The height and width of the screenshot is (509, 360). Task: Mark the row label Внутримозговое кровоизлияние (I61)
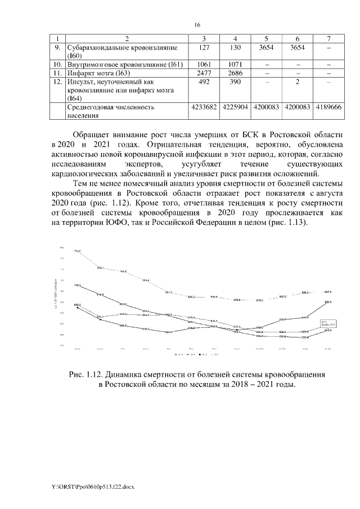[x=125, y=65]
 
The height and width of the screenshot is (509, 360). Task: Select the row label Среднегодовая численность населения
[x=110, y=111]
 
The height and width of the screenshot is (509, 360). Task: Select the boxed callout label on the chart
[x=328, y=323]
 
